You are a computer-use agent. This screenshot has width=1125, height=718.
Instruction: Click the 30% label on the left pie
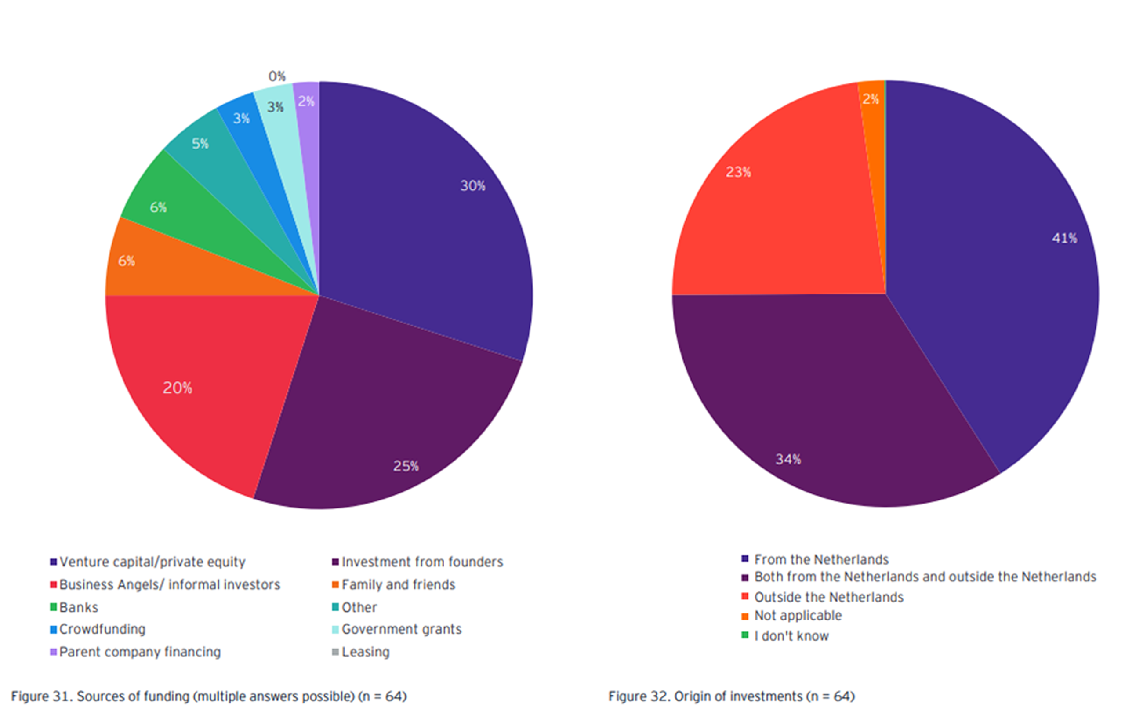coord(472,186)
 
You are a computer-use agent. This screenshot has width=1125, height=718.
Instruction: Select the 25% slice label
coord(406,466)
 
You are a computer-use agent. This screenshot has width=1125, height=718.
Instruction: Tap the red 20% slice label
coord(177,388)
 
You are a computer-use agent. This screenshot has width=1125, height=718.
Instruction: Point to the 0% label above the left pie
coord(276,76)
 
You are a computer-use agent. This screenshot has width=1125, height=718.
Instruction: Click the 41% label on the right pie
coord(1064,238)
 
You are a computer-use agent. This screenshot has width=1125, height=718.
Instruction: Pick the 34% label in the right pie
coord(788,459)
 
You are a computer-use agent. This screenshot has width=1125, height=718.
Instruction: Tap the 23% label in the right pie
coord(738,172)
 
